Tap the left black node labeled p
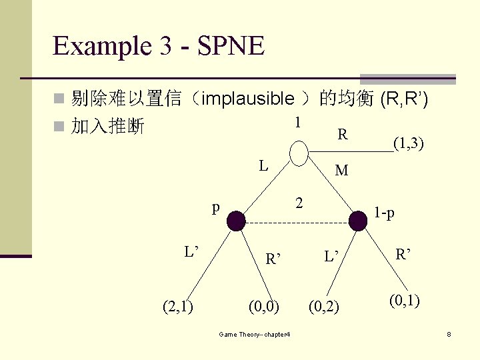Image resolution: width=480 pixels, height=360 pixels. point(237,221)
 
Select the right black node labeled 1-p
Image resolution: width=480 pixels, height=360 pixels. point(359,221)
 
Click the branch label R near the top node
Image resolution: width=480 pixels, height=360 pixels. point(342,135)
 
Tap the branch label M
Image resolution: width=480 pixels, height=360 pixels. point(341,171)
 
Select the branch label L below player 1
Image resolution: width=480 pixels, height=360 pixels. point(265,165)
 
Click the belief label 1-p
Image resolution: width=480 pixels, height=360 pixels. point(384,213)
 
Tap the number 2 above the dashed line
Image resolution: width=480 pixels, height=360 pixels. point(300,203)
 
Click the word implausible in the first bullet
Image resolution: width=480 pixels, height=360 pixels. point(247,99)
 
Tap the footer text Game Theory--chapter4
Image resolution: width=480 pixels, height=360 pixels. point(254,333)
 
